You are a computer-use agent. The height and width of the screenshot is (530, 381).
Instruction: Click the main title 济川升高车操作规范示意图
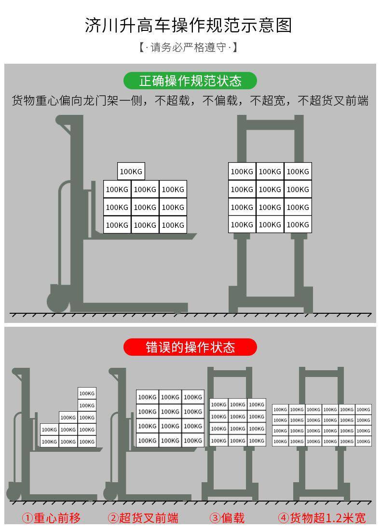tap(189, 25)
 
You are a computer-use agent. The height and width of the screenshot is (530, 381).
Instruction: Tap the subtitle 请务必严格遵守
tap(189, 47)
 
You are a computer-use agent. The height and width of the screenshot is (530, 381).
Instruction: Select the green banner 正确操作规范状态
tap(190, 80)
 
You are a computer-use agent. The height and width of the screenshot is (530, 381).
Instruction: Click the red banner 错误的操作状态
tap(190, 347)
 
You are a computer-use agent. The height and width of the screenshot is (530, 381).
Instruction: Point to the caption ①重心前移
tap(52, 518)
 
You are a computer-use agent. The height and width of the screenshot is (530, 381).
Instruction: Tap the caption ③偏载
tap(227, 518)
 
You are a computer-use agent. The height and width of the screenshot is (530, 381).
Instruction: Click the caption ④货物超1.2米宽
tap(322, 518)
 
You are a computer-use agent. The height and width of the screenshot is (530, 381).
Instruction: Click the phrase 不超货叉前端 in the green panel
tap(333, 100)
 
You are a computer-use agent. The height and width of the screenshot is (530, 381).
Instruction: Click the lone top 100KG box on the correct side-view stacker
tap(131, 171)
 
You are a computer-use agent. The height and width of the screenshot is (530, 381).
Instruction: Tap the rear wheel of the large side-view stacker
tap(58, 300)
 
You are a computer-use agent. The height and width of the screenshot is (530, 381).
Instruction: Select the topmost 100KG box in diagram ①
tap(87, 393)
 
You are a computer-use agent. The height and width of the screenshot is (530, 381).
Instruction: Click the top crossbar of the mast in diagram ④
tap(321, 373)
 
